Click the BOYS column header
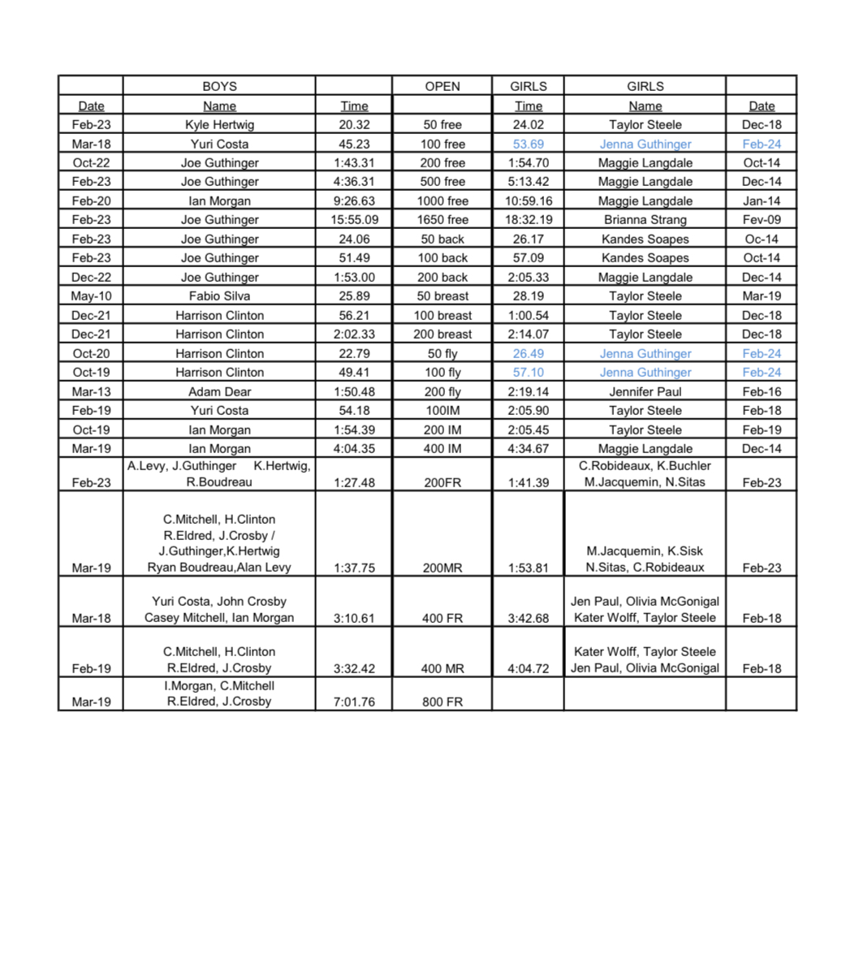pos(219,86)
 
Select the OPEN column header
pos(442,86)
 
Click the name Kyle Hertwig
pos(219,125)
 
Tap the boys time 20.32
pos(354,125)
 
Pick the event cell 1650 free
pos(442,220)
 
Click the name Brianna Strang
pos(645,220)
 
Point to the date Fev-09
pos(761,220)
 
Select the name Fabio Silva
pos(219,296)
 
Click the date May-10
pos(91,296)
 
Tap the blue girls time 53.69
pos(528,145)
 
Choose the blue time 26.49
pos(528,354)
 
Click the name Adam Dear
pos(219,391)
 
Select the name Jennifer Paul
pos(645,391)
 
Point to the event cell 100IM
pos(442,411)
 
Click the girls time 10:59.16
pos(528,201)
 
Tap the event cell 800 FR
pos(442,702)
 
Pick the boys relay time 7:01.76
pos(354,702)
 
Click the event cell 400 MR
pos(442,668)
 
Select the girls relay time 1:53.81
pos(528,568)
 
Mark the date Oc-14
pos(761,240)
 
